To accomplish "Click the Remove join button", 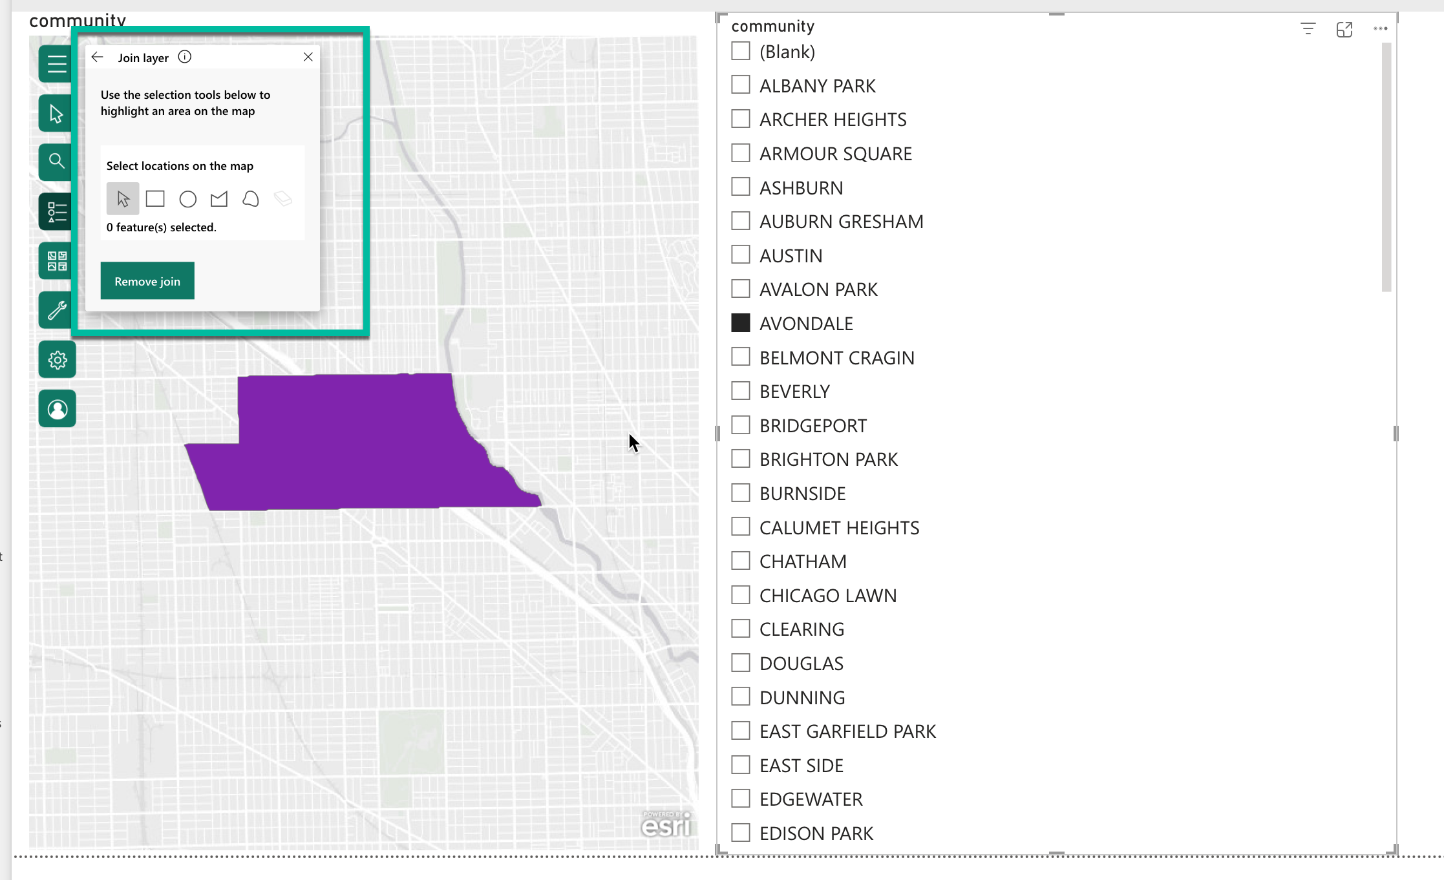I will [x=147, y=281].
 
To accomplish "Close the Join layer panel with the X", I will [x=308, y=57].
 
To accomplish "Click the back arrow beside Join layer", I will [x=98, y=57].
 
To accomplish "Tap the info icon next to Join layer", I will [x=185, y=57].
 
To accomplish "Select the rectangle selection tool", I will [x=155, y=198].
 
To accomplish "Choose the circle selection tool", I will [x=187, y=199].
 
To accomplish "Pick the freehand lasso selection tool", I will [x=251, y=199].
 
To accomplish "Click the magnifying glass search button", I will [x=57, y=161].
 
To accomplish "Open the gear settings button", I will [x=57, y=360].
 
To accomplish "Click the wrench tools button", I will [x=57, y=311].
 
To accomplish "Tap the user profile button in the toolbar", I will [x=57, y=409].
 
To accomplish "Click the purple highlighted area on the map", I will [x=349, y=446].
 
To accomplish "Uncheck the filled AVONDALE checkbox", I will [x=741, y=323].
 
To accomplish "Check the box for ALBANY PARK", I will [x=741, y=85].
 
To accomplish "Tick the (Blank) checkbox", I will [x=741, y=51].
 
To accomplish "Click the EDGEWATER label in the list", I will [x=811, y=799].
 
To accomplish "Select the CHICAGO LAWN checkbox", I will [x=741, y=595].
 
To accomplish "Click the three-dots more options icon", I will [x=1380, y=28].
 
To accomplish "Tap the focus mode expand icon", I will [x=1344, y=29].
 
